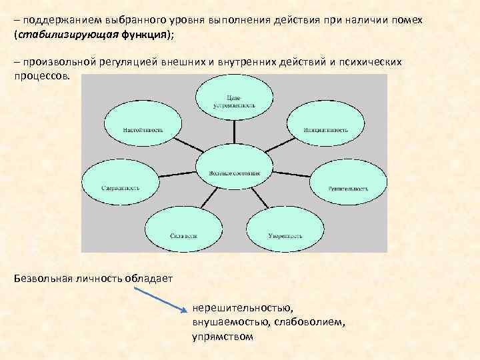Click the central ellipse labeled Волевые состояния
[233, 172]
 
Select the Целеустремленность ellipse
[233, 97]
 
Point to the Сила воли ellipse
[181, 233]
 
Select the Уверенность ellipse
[285, 233]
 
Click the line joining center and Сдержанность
[179, 178]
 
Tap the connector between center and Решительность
[291, 178]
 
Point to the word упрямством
[223, 337]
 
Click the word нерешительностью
[241, 309]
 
